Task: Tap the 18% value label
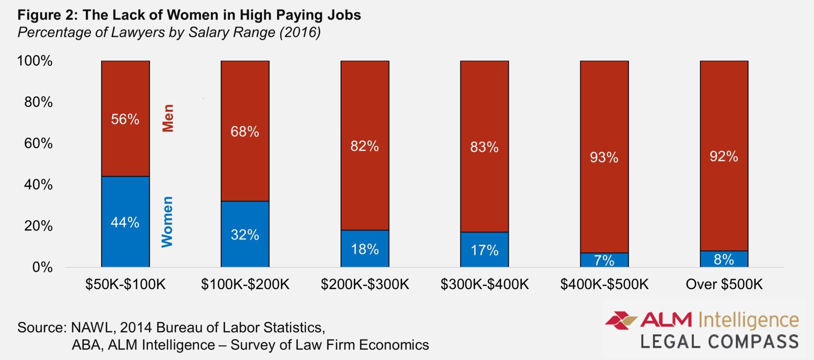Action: point(364,249)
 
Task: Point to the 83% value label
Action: point(484,147)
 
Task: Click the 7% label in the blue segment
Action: point(604,260)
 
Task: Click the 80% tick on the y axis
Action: point(38,102)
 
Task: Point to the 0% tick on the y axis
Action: point(42,267)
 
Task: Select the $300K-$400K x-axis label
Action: point(484,284)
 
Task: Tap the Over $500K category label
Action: point(724,284)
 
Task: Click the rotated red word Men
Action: point(168,118)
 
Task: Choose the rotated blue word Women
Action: point(167,222)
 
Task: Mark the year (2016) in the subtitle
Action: point(300,32)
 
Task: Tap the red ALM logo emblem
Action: point(620,320)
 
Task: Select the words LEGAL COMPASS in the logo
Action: point(719,342)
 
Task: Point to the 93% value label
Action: point(604,157)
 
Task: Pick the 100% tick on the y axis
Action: point(35,61)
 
